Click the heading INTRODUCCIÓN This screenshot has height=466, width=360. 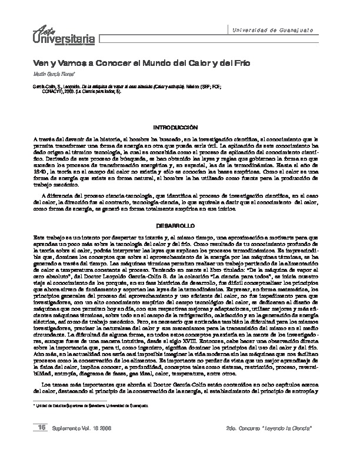pyautogui.click(x=179, y=127)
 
